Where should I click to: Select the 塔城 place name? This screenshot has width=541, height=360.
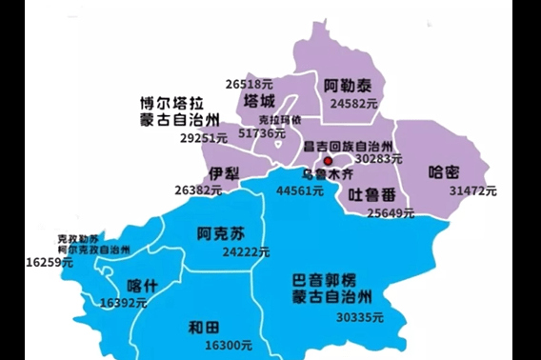260,102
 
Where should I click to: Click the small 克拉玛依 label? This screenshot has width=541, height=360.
280,120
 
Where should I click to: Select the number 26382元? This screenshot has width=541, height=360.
198,190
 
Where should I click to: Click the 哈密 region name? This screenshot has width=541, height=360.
445,172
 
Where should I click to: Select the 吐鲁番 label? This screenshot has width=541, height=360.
372,194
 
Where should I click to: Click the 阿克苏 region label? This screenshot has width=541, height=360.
221,233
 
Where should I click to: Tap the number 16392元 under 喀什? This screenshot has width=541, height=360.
123,303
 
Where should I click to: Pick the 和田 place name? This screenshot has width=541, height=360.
204,328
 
